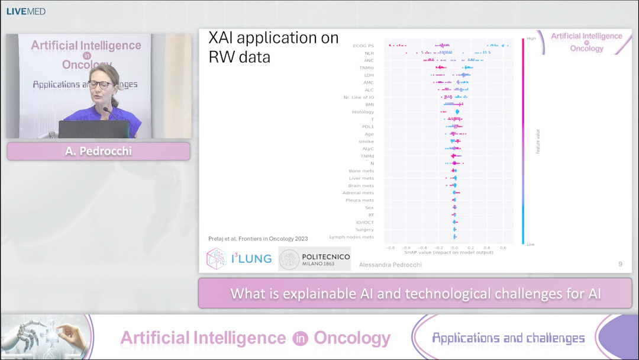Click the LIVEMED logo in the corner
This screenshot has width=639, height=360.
(25, 11)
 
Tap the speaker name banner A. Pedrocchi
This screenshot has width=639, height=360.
(98, 151)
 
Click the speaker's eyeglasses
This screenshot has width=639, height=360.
(100, 85)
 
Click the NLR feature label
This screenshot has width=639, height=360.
(369, 53)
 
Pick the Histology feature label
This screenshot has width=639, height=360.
(363, 112)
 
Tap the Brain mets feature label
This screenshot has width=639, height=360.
(361, 185)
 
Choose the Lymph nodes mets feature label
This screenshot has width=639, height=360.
(351, 237)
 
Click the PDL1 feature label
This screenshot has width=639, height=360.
(367, 127)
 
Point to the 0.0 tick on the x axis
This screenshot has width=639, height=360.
(454, 247)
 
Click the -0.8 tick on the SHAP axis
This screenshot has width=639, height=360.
(389, 247)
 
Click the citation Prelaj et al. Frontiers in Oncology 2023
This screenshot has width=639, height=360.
(258, 239)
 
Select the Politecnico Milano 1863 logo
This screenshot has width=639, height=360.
(314, 259)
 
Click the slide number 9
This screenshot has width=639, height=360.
(620, 264)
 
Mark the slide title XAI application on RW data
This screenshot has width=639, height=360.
(273, 47)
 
